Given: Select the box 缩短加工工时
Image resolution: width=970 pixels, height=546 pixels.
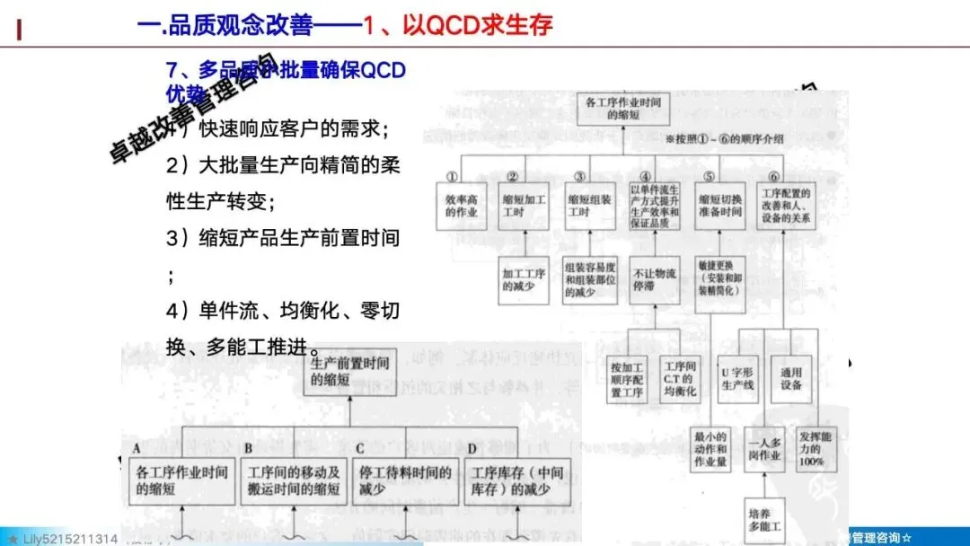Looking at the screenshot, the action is [x=524, y=206].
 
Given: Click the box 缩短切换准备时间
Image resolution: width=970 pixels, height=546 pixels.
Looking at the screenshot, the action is [x=719, y=206].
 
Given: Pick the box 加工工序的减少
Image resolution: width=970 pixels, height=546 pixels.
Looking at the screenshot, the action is [x=524, y=279].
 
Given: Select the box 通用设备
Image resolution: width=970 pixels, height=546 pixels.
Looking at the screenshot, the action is [x=792, y=378].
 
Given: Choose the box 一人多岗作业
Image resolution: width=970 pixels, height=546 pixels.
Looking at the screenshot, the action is [x=764, y=449].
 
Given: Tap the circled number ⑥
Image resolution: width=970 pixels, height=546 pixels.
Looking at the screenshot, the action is [x=774, y=176].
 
